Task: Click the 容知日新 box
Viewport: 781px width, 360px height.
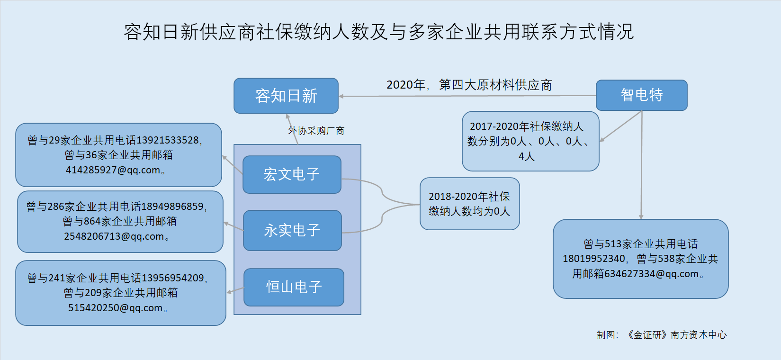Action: tap(286, 96)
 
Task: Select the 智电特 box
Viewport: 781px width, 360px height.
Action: tap(642, 95)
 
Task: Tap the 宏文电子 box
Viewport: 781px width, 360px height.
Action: tap(292, 174)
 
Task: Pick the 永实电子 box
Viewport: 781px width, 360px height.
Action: tap(292, 230)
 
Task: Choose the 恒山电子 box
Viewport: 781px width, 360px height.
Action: tap(294, 287)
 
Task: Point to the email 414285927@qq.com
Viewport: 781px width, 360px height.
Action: tap(113, 170)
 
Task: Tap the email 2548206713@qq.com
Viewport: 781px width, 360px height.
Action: tap(114, 236)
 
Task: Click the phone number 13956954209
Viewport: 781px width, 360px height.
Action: tap(173, 278)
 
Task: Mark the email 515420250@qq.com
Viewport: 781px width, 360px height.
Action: tap(116, 308)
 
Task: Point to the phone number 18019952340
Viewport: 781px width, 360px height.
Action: tap(594, 259)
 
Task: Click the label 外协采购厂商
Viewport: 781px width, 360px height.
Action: tap(316, 131)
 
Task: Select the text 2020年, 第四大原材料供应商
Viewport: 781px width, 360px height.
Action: tap(469, 85)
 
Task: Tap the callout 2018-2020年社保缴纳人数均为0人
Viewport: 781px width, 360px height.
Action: tap(470, 204)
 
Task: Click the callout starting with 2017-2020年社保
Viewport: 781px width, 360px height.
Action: tap(530, 141)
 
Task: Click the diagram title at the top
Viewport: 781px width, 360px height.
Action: tap(378, 32)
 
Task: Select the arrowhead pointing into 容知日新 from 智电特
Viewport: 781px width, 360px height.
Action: tap(341, 96)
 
